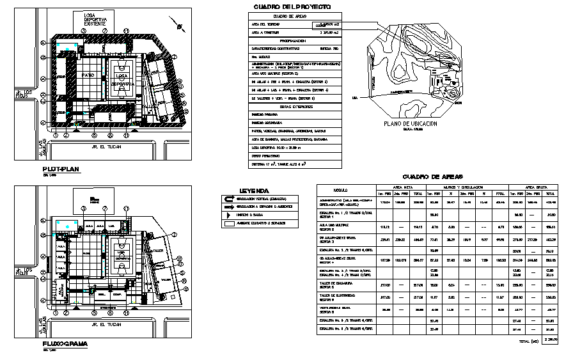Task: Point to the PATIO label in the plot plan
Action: tap(88, 75)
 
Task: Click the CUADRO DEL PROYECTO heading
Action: tap(292, 6)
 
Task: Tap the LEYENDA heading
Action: tap(254, 191)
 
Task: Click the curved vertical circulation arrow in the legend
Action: tap(228, 199)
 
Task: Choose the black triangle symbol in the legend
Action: tap(227, 215)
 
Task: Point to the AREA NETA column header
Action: tap(400, 185)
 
